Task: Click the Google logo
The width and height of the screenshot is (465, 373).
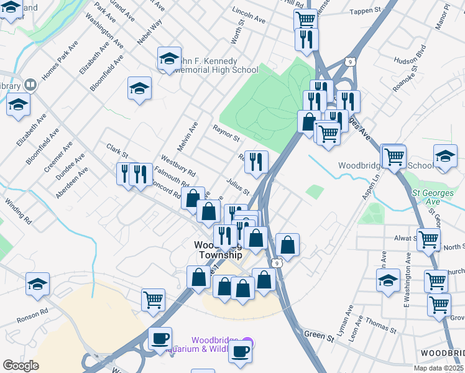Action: (21, 365)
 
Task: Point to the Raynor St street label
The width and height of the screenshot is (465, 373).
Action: (226, 132)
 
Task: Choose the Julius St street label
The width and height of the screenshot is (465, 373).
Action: (237, 186)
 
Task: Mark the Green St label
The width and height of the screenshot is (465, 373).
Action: (320, 336)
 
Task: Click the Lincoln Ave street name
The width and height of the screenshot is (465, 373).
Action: (248, 16)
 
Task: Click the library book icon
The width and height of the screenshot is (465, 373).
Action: (29, 85)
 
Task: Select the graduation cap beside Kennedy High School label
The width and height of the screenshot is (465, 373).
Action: (169, 58)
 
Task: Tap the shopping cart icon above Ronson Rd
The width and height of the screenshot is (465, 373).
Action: (153, 300)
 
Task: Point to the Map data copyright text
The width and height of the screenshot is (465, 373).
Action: (439, 368)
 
